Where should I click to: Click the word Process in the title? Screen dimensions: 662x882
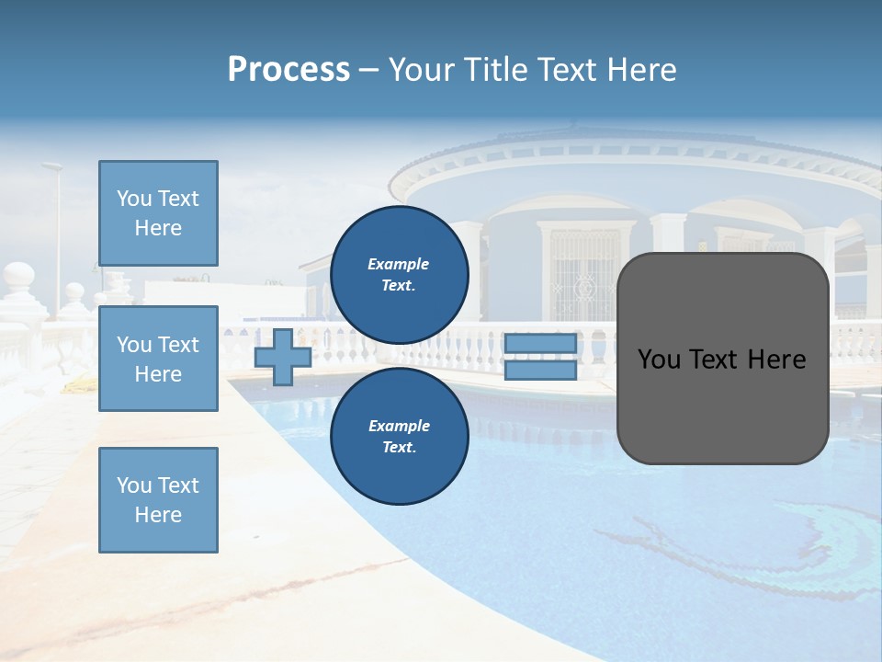(x=288, y=70)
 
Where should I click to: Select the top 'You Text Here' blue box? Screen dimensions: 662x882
(x=158, y=213)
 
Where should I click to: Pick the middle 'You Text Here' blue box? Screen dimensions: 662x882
(x=158, y=359)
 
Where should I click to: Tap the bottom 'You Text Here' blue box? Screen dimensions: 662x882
(x=158, y=499)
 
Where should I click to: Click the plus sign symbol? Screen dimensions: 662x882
(x=283, y=357)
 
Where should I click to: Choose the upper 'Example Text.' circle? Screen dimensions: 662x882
(x=399, y=275)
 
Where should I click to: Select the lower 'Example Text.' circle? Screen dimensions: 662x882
(x=399, y=437)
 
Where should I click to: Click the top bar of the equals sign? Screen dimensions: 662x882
(x=540, y=344)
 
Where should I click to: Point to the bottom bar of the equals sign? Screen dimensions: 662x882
(x=540, y=370)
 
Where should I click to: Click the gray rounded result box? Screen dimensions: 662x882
(x=722, y=359)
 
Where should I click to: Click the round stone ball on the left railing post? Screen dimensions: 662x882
(x=17, y=276)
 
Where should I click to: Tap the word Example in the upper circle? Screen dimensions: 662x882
(x=399, y=264)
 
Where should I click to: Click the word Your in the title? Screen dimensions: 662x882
(x=422, y=70)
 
